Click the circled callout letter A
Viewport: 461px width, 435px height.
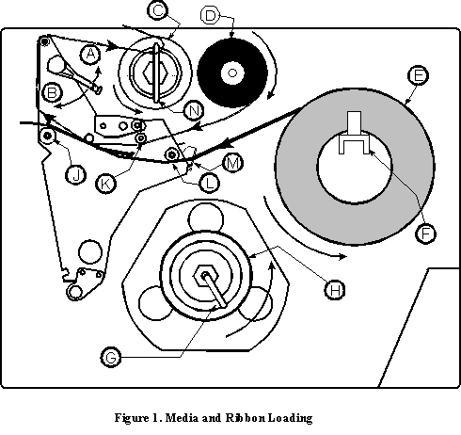tap(90, 55)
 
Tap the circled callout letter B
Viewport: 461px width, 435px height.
tap(52, 93)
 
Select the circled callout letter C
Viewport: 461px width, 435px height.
tap(158, 10)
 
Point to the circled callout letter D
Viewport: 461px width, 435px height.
tap(210, 15)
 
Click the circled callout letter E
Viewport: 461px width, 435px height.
tap(418, 75)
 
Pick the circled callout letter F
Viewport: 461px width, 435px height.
tap(425, 234)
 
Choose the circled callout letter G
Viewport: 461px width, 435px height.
tap(111, 357)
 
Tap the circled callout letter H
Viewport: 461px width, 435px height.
tap(335, 289)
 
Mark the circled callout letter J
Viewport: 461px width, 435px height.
tap(75, 174)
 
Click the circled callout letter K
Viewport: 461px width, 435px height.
tap(105, 184)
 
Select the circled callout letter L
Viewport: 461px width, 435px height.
tap(209, 183)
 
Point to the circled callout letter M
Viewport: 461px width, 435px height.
tap(232, 163)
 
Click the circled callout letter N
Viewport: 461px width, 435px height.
tap(194, 110)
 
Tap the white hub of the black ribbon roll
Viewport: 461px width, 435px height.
tap(232, 72)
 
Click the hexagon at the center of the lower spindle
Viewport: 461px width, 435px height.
tap(206, 276)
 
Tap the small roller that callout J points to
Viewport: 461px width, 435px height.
tap(48, 136)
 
